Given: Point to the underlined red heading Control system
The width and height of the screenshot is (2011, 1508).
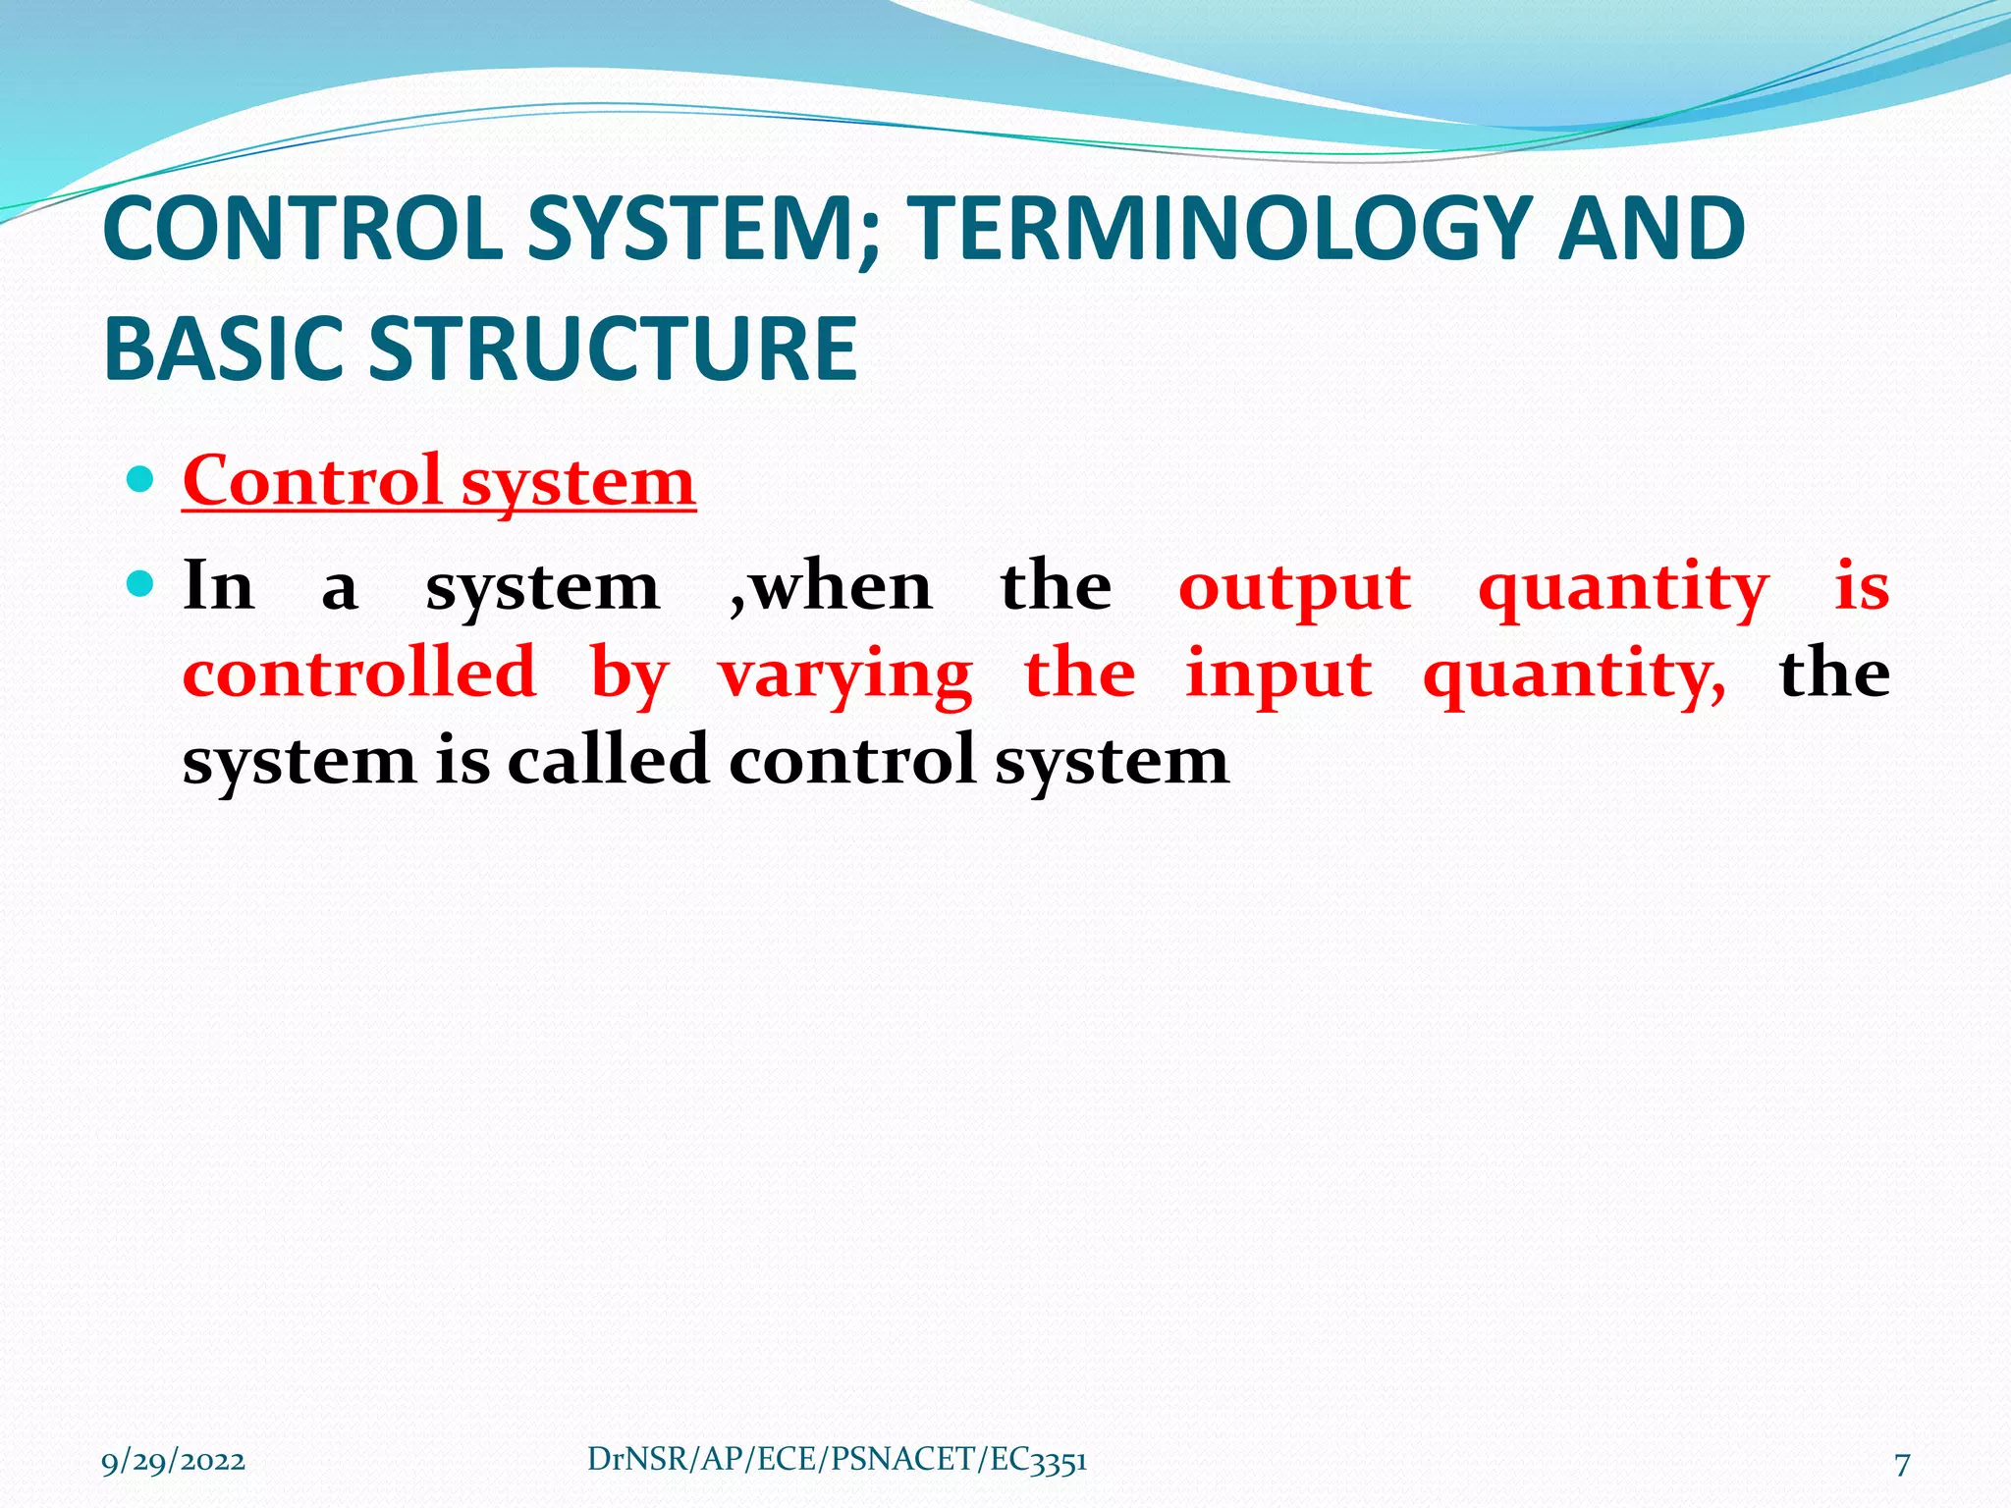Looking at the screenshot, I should point(439,482).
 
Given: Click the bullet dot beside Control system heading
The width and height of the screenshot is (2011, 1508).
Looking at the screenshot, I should point(141,480).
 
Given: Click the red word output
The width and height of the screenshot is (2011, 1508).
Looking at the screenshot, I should point(1294,588).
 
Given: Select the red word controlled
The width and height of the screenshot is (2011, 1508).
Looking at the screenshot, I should point(359,673).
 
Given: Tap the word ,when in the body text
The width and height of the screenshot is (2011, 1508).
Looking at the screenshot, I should point(831,587).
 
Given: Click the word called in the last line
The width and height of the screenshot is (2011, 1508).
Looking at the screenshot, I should point(608,760).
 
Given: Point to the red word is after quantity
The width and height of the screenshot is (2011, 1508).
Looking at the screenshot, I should point(1862,586).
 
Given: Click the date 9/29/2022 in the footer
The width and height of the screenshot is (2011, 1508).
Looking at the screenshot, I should point(173,1462).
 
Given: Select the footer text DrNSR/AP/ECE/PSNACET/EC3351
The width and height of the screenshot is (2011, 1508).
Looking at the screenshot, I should point(837,1460).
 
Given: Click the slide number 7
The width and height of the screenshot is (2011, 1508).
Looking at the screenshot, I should point(1901,1464).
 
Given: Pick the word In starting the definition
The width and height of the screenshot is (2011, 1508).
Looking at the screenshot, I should point(219,586).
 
